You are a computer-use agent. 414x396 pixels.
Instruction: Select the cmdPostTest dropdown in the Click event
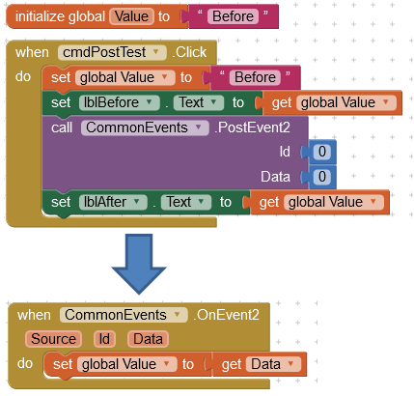point(112,52)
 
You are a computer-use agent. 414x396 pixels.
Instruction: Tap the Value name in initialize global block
point(131,16)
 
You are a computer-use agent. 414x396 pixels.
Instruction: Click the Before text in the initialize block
point(233,16)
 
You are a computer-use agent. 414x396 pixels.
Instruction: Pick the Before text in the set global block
point(255,77)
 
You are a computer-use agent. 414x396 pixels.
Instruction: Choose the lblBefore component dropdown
point(120,102)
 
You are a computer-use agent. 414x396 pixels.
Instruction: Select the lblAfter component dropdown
point(113,202)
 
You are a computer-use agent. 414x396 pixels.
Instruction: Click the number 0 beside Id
point(322,152)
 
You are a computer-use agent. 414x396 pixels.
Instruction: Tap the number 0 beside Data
point(322,177)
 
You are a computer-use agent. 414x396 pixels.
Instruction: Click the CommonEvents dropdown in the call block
point(145,127)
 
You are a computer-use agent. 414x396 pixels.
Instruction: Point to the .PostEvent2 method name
point(252,127)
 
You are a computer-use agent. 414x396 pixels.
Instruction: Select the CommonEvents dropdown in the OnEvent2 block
point(124,315)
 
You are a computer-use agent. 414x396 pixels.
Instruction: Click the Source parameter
point(53,339)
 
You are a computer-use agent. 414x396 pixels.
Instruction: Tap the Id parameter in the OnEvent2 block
point(104,339)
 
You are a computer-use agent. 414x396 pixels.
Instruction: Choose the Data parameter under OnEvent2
point(148,339)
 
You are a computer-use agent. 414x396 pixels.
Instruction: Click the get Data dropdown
point(273,364)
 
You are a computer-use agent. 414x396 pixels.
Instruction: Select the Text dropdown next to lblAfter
point(186,202)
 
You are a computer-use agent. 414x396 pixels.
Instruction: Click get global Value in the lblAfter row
point(319,203)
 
